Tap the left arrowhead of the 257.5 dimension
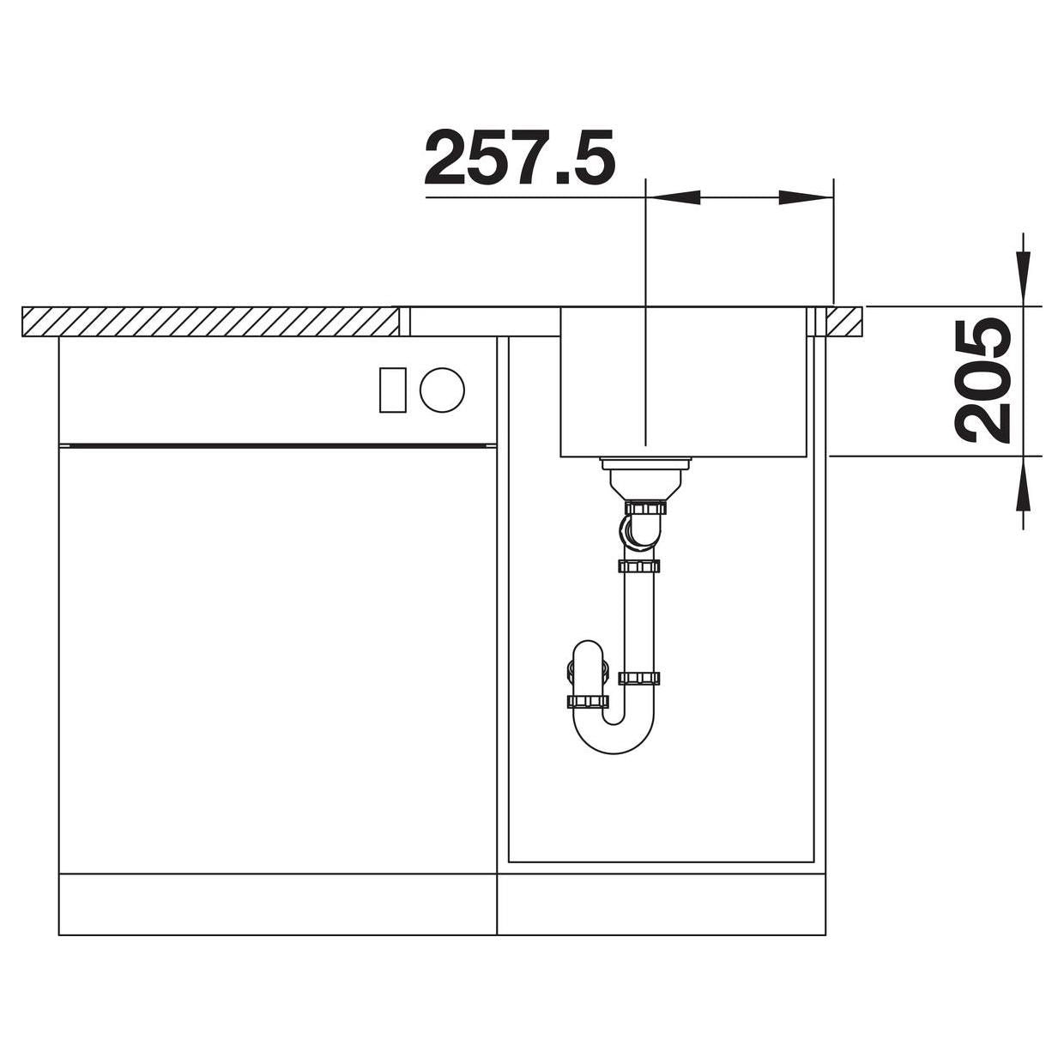coord(673,197)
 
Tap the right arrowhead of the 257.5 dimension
coord(806,197)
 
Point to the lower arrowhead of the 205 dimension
coord(1023,483)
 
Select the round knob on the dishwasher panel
coord(442,390)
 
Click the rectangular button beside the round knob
coord(393,390)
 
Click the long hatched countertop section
coord(210,322)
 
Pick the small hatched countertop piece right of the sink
coord(843,322)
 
